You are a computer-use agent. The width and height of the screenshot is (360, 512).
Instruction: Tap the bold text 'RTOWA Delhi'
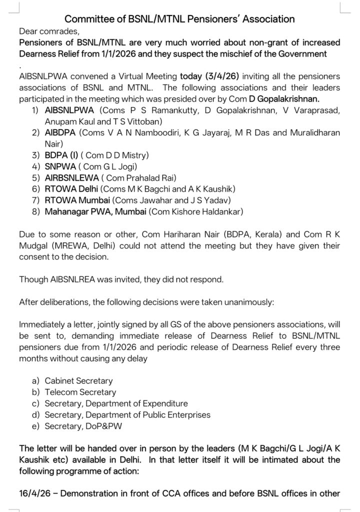coord(71,189)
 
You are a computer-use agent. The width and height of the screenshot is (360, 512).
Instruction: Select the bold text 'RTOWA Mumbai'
coord(76,200)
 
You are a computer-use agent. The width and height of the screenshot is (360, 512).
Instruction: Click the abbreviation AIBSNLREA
coord(74,279)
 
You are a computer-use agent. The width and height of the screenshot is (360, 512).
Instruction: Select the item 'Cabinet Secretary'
coord(78,381)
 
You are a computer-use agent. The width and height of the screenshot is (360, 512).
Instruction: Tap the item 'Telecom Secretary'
coord(80,392)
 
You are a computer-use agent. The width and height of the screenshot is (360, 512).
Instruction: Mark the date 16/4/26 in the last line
coord(36,493)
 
